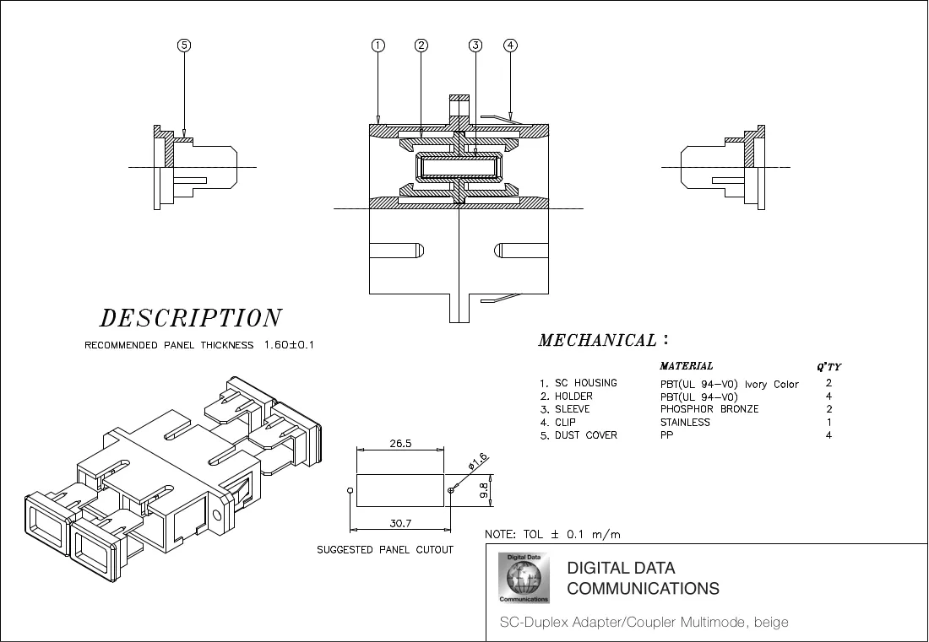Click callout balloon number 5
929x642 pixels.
pyautogui.click(x=184, y=45)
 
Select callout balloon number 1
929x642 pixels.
pyautogui.click(x=378, y=45)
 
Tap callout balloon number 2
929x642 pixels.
pyautogui.click(x=421, y=45)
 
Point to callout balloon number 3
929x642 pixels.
pyautogui.click(x=475, y=45)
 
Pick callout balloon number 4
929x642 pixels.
pyautogui.click(x=510, y=45)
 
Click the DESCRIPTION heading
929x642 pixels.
pyautogui.click(x=190, y=318)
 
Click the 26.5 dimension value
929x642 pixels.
pyautogui.click(x=400, y=443)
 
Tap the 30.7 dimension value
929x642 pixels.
pyautogui.click(x=400, y=523)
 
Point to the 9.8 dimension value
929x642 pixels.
pyautogui.click(x=483, y=490)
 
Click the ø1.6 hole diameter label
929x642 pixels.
pyautogui.click(x=477, y=461)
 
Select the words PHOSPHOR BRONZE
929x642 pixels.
pyautogui.click(x=709, y=409)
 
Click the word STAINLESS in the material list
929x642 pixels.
pyautogui.click(x=685, y=422)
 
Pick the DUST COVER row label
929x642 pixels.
pyautogui.click(x=586, y=435)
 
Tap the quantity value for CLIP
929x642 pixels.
pyautogui.click(x=828, y=422)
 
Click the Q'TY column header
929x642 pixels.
pyautogui.click(x=828, y=367)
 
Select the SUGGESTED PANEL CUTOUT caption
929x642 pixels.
pyautogui.click(x=385, y=550)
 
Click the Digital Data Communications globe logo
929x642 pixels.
pyautogui.click(x=524, y=578)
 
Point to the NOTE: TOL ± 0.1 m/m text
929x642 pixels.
pyautogui.click(x=553, y=534)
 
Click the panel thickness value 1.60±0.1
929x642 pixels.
pyautogui.click(x=289, y=344)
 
